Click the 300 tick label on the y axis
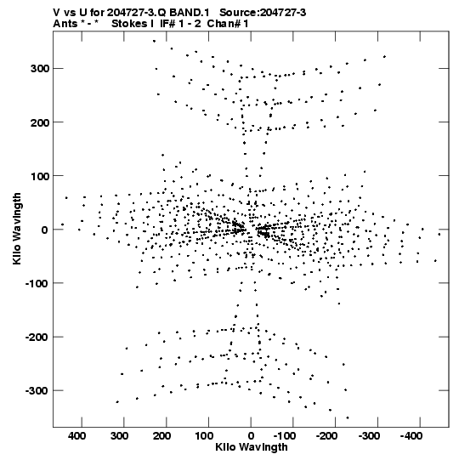[40, 69]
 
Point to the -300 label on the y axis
[37, 391]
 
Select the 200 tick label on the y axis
[40, 122]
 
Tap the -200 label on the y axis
[37, 337]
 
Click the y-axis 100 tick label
[40, 176]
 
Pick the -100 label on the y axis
[37, 283]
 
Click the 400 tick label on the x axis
[77, 436]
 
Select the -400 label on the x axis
[411, 436]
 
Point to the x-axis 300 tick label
[119, 436]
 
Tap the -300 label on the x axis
[369, 436]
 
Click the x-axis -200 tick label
[326, 436]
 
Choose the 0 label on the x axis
[251, 436]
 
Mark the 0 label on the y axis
[45, 230]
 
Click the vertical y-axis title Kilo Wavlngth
[17, 229]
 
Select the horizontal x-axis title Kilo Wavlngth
[252, 447]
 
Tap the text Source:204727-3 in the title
[263, 13]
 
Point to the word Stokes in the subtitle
[129, 24]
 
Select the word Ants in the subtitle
[65, 24]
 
